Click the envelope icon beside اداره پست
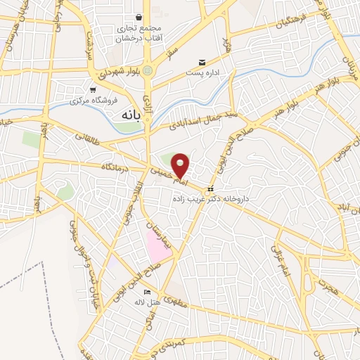click(x=203, y=63)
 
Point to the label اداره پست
click(x=204, y=73)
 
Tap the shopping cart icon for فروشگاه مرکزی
click(x=93, y=89)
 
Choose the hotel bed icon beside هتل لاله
click(x=146, y=292)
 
